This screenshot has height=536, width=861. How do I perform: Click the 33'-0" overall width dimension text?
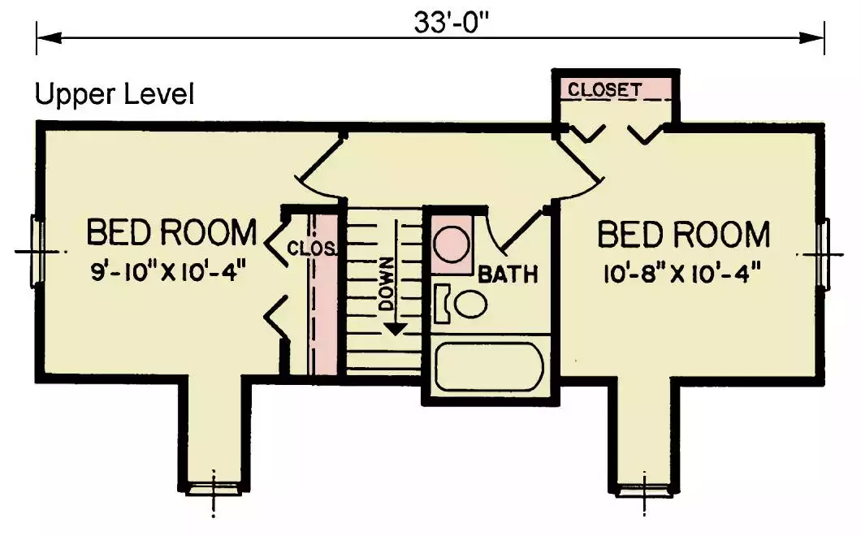tap(452, 23)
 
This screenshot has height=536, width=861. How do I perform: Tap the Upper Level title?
tap(115, 94)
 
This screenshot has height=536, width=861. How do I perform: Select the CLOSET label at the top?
tap(604, 89)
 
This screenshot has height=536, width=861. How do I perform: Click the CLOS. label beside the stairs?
tap(312, 249)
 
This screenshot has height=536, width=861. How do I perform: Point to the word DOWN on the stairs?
tap(387, 283)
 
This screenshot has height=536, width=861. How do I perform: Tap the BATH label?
tap(508, 274)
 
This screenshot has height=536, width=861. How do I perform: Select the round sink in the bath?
tap(452, 244)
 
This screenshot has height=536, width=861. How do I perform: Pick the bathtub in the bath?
tap(489, 367)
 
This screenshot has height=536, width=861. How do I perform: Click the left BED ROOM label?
tap(172, 231)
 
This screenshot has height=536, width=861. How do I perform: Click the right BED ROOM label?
tap(684, 235)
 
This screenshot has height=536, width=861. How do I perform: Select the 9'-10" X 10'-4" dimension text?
tap(167, 271)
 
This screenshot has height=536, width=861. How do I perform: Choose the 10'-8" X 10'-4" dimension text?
tap(682, 274)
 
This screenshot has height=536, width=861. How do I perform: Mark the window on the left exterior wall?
tap(37, 252)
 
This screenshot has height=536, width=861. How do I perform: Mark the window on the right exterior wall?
tap(823, 253)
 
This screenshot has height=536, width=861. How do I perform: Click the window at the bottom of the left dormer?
tap(213, 489)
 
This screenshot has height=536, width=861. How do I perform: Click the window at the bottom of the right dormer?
tap(644, 490)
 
